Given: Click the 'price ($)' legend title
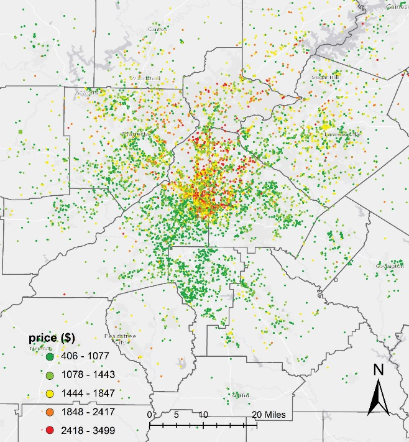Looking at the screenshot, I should click(50, 338).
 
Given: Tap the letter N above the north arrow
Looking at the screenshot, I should click(377, 370).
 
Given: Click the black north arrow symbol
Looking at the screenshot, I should click(377, 398).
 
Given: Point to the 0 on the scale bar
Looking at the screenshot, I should click(149, 415).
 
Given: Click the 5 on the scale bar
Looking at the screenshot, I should click(177, 415).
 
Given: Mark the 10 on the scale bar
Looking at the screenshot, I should click(203, 415).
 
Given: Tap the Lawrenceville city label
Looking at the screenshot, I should click(342, 134).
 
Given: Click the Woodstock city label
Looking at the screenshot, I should click(144, 78).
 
